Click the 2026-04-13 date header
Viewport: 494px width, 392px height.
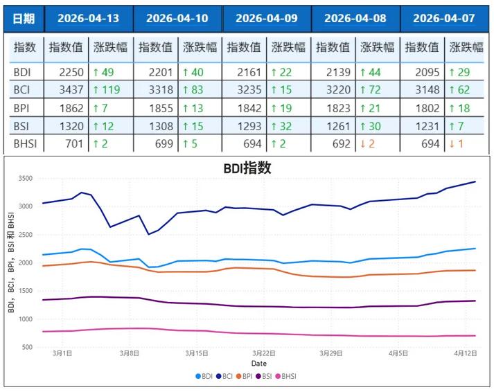[x=88, y=19]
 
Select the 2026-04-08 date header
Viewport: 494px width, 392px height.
[x=355, y=19]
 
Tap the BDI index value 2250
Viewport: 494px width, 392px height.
[x=67, y=72]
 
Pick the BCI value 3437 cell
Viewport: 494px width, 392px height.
[x=67, y=90]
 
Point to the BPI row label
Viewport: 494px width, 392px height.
[x=22, y=108]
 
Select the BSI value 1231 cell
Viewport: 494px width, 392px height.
[x=423, y=126]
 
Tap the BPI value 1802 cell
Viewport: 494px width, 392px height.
[x=423, y=108]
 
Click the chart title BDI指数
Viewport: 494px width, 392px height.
[x=247, y=168]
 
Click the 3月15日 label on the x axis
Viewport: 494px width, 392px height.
[x=197, y=353]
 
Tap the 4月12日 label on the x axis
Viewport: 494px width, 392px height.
[x=465, y=353]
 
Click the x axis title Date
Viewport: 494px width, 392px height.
[x=258, y=363]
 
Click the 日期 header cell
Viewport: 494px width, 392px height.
[x=24, y=19]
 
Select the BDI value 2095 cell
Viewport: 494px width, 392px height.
[x=423, y=72]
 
